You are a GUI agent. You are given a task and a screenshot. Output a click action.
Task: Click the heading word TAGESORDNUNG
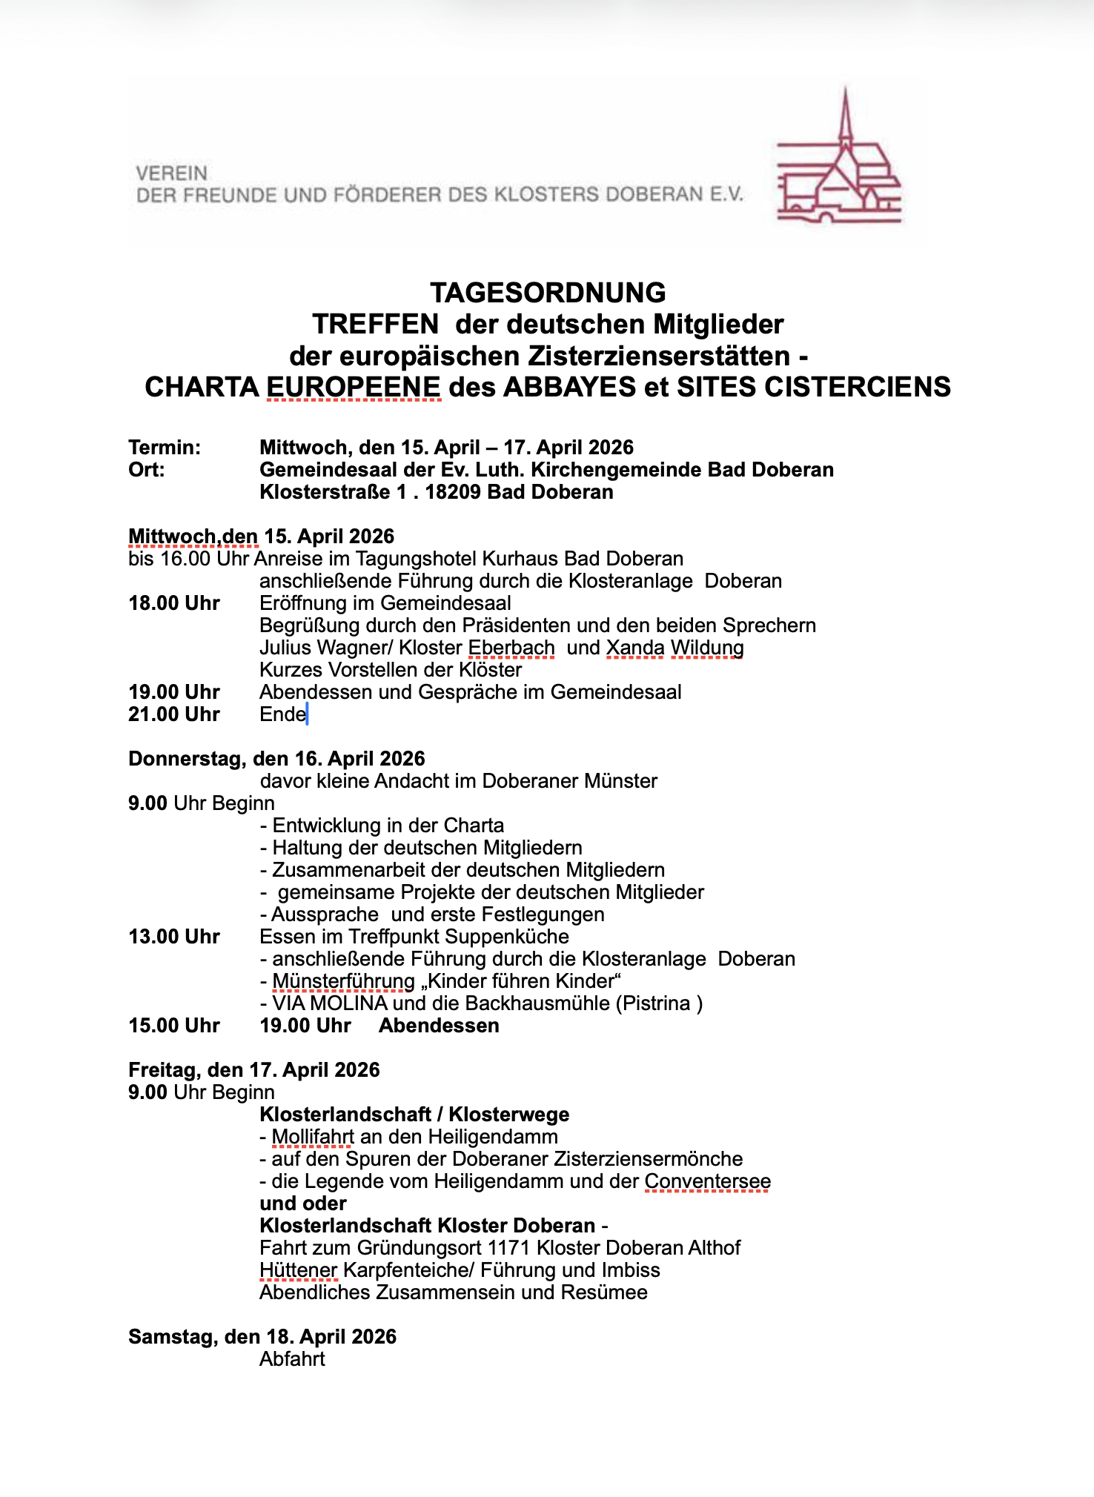[548, 293]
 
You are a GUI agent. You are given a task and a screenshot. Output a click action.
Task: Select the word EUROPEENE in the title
[354, 387]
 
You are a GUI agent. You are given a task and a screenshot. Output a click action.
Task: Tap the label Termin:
[165, 448]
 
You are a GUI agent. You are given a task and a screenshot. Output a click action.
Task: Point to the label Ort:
[147, 470]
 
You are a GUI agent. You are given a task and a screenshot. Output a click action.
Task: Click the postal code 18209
[453, 492]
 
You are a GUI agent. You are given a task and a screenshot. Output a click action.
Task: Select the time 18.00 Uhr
[174, 603]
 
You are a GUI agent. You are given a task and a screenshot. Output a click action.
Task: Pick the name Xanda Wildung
[674, 648]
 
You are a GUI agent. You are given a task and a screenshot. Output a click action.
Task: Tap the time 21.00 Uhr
[174, 714]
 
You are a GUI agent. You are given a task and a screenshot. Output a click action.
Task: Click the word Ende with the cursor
[282, 714]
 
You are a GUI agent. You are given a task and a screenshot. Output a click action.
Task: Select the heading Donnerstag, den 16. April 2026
[276, 759]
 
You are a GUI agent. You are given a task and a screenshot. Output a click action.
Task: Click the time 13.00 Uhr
[174, 937]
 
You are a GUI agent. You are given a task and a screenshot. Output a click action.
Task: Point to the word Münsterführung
[343, 981]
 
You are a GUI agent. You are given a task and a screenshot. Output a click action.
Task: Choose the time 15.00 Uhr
[174, 1026]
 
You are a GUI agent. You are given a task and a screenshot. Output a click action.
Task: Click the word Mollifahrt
[312, 1137]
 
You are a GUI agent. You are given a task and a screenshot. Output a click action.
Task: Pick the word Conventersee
[707, 1181]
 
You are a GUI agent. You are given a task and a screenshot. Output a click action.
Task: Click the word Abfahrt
[292, 1359]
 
